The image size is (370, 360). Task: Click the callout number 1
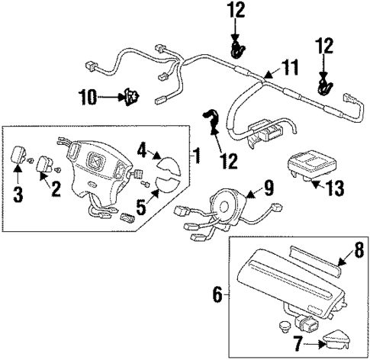[x=196, y=158]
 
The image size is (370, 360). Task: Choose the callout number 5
[x=140, y=205]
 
